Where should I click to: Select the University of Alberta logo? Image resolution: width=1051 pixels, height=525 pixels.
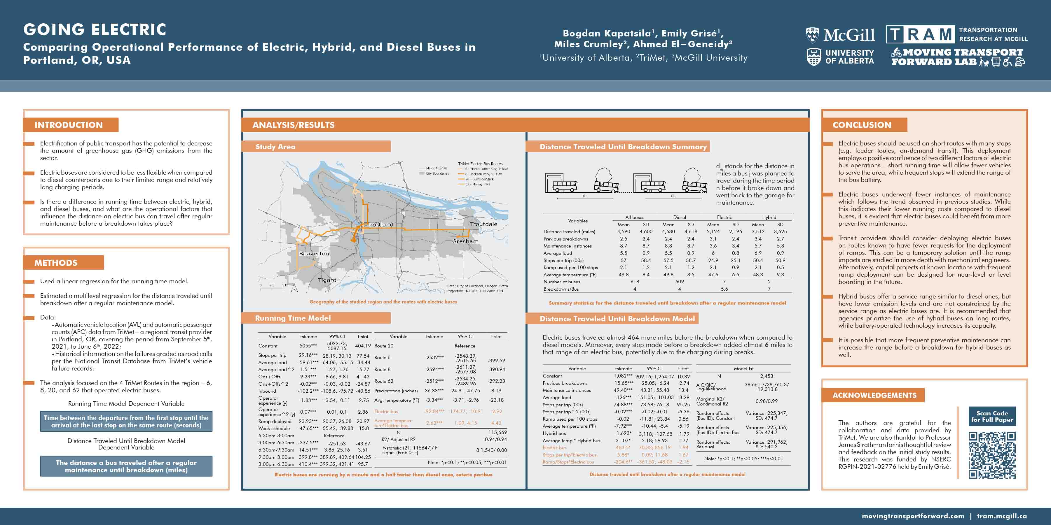[840, 57]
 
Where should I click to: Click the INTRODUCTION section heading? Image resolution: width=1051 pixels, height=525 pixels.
[69, 125]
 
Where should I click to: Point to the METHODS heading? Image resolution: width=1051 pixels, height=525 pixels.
[56, 263]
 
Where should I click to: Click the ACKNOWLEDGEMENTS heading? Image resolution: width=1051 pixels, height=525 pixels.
[874, 395]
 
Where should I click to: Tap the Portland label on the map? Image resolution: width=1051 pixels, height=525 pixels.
[381, 224]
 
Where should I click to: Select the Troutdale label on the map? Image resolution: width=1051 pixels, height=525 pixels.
[483, 224]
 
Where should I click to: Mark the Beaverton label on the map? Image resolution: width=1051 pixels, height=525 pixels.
[314, 254]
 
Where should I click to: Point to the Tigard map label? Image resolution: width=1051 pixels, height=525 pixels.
[327, 280]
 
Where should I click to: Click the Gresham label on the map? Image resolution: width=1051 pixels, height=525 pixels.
[465, 241]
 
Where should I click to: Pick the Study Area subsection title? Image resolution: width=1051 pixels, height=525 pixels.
[275, 147]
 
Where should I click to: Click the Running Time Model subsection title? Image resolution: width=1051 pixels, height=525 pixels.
[293, 318]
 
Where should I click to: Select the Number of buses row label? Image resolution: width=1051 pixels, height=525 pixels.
[561, 282]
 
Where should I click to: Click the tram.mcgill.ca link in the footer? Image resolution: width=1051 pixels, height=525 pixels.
[1002, 516]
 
